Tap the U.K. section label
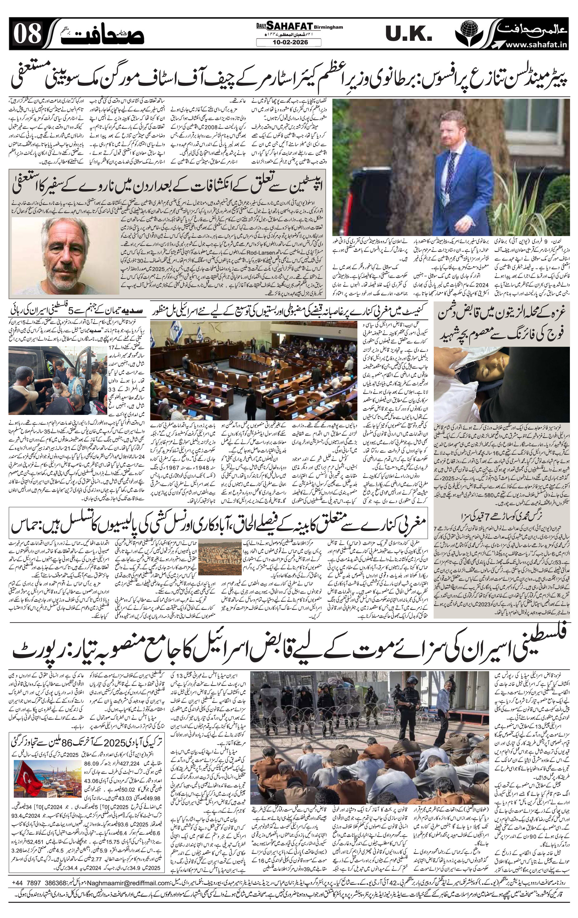(x=408, y=35)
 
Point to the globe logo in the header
(x=473, y=32)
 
